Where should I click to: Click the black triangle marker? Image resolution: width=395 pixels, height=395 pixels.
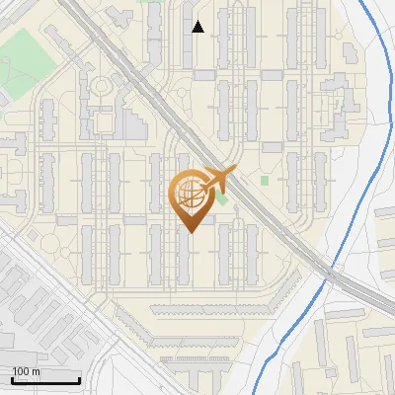click(197, 27)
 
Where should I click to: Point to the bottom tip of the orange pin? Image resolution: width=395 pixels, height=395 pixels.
click(190, 233)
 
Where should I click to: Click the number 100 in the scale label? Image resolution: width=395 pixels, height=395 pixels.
click(20, 371)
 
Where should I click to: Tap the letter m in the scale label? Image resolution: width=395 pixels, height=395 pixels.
click(36, 371)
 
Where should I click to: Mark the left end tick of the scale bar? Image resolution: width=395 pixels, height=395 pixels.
click(11, 380)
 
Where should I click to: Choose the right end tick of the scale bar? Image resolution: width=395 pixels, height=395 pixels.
click(79, 380)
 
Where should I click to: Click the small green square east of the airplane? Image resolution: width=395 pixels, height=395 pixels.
click(265, 180)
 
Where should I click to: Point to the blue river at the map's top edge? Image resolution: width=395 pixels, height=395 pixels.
click(362, 4)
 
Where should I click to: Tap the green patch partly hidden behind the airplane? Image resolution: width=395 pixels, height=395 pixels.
click(222, 199)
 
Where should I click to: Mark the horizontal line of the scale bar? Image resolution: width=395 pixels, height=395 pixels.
click(44, 381)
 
